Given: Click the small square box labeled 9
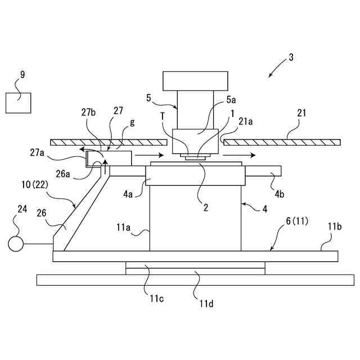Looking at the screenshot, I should (x=18, y=102).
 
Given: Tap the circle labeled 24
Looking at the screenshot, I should (x=15, y=244).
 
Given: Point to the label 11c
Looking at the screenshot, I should (x=157, y=298).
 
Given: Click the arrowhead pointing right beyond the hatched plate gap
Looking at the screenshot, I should (x=254, y=155).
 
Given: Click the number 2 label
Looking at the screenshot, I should (x=206, y=207).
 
